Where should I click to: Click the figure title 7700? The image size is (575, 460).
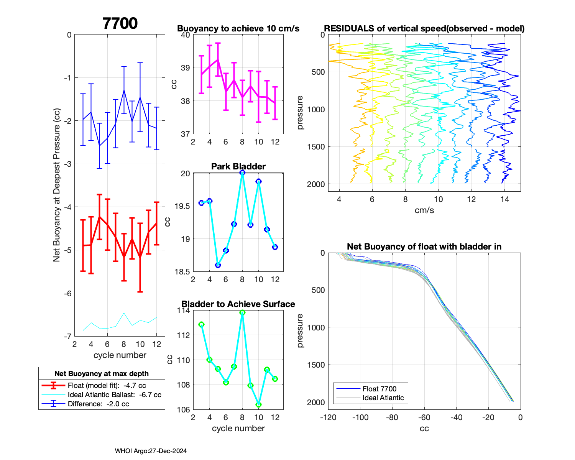coord(120,23)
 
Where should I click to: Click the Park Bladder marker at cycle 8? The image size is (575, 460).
coord(242,173)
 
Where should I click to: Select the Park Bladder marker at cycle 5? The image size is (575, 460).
coord(218,265)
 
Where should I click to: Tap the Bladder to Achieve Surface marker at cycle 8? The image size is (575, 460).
coord(242,313)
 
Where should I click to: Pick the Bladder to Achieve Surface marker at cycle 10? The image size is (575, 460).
coord(259,405)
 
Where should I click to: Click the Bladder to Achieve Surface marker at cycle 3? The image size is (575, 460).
coord(201,324)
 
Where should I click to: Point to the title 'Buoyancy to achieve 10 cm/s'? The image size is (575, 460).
coord(238,28)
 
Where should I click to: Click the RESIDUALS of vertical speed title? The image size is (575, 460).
coord(424,28)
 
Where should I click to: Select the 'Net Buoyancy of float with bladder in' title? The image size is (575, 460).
coord(424,246)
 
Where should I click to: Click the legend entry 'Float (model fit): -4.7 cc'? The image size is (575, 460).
coord(107,386)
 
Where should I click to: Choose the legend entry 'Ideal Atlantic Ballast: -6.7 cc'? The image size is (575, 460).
coord(114,395)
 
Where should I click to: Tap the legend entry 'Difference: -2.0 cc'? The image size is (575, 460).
coord(98,404)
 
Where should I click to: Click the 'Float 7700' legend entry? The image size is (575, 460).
coord(379,389)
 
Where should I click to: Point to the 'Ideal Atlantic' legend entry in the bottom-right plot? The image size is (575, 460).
coord(383,398)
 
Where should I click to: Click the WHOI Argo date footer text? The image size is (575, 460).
coord(151,451)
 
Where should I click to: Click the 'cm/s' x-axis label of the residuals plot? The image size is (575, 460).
coord(424,210)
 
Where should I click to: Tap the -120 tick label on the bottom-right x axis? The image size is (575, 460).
coord(328,417)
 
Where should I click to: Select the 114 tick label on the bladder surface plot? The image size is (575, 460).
coord(183,310)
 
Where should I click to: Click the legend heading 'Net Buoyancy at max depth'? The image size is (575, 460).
coord(102,374)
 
